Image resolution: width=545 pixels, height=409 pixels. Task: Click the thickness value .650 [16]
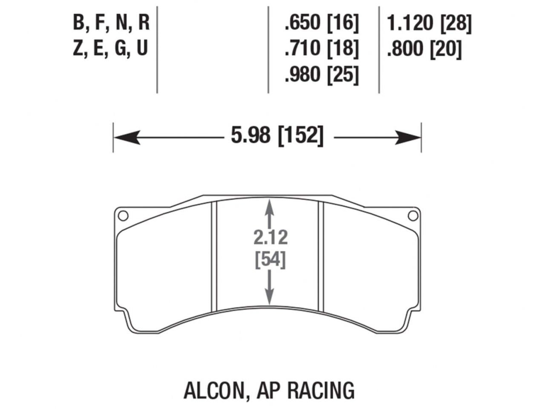coord(322,23)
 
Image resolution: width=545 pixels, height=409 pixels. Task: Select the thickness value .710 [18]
coord(322,48)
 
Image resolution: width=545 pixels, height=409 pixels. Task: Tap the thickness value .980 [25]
coord(322,75)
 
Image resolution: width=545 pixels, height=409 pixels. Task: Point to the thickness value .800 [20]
coord(424,49)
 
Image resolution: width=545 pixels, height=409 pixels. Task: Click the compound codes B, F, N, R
coord(111,23)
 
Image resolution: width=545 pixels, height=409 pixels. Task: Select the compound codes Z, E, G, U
coord(110,48)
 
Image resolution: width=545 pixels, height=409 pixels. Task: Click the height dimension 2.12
coord(271,238)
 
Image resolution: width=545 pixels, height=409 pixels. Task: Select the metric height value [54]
coord(270,260)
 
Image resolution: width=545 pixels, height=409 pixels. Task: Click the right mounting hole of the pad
coord(412,216)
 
